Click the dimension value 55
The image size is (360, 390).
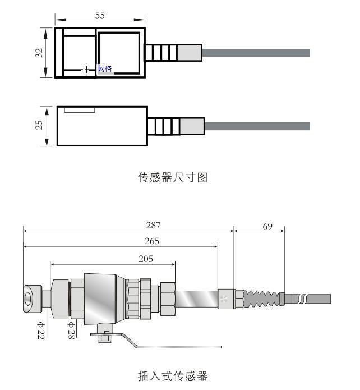[100, 16]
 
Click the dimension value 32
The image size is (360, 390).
[39, 53]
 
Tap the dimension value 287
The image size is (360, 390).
[153, 226]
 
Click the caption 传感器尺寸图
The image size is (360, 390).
[173, 177]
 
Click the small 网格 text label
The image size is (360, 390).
[105, 69]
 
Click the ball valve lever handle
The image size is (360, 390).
[168, 342]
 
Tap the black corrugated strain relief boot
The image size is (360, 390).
[262, 297]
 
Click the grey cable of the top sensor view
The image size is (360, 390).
[255, 53]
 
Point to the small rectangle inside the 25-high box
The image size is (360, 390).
[79, 109]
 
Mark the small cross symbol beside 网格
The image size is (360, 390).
[85, 70]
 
